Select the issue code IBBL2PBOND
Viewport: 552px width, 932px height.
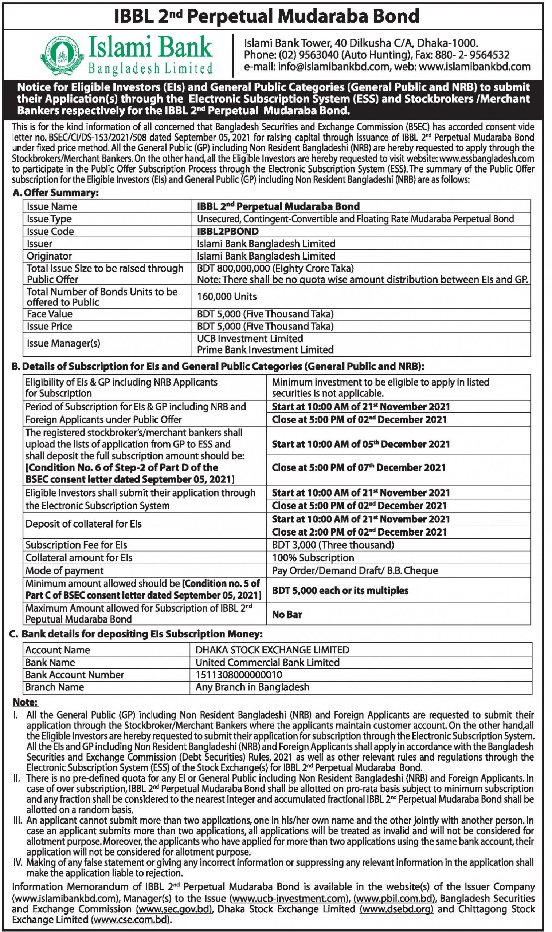tap(228, 232)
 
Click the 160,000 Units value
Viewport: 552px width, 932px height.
tap(227, 297)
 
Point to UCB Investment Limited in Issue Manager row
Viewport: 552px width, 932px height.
tap(250, 339)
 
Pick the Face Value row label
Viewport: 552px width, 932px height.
tap(50, 315)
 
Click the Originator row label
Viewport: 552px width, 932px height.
tap(50, 256)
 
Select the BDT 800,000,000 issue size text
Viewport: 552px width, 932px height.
tap(275, 269)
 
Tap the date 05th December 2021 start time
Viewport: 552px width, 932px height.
tap(361, 445)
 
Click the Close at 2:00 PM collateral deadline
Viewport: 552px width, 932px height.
tap(359, 532)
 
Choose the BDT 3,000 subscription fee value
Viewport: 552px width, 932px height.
tap(333, 545)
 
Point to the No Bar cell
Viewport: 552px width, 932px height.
tap(287, 615)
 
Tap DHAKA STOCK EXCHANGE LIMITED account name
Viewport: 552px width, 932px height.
tap(272, 650)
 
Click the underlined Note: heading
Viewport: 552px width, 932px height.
tap(25, 702)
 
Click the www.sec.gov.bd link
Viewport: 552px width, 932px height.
tap(174, 909)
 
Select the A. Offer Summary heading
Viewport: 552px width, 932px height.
tap(55, 193)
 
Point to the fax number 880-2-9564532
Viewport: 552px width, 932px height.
tap(477, 55)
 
